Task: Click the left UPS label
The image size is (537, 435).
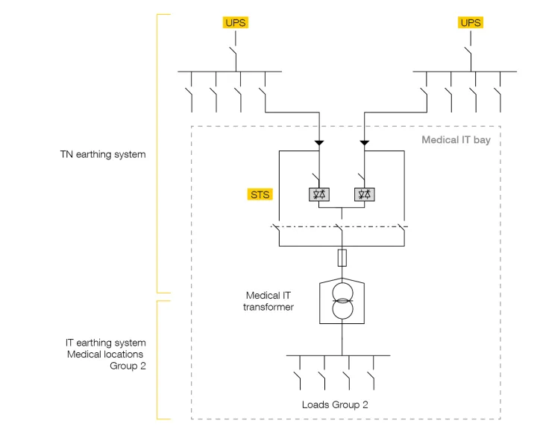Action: coord(234,22)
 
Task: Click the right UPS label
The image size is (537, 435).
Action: coord(471,22)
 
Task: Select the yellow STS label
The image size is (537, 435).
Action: coord(260,195)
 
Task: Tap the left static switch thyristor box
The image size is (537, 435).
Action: coord(319,195)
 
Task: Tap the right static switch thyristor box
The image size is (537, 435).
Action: coord(364,195)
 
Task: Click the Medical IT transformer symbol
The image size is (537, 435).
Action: coord(342,301)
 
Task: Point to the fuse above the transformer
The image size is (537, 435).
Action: coord(342,258)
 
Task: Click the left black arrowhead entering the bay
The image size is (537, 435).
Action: coord(319,142)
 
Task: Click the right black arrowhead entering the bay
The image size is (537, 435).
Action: coord(365,142)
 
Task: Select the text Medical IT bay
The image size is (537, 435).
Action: coord(456,140)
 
